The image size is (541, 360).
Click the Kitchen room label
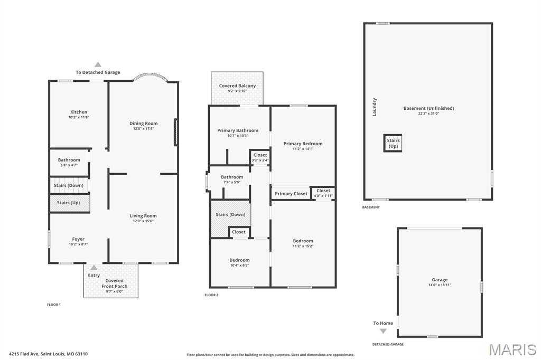point(79,112)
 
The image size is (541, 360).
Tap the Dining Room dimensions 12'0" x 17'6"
point(144,129)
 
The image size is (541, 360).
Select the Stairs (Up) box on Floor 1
point(70,203)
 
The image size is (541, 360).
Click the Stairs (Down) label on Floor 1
point(68,185)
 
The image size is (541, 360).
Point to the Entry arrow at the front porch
point(94,267)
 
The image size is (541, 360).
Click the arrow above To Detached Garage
point(98,64)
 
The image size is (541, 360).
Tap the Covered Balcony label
point(237,86)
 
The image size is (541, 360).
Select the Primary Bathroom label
point(238,130)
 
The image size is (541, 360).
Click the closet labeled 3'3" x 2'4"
point(260,157)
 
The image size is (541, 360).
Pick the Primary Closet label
point(291,194)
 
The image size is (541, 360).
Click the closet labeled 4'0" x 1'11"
point(323,193)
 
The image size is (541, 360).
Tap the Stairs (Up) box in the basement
point(393,143)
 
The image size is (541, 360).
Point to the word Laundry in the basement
point(375,107)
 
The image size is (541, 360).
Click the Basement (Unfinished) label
point(428,108)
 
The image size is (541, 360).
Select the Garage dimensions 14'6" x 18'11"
point(440,285)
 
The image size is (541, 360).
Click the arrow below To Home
point(383,331)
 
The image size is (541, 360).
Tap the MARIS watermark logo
point(512,349)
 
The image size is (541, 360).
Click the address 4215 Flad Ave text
point(24,354)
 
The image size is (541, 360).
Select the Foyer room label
point(78,239)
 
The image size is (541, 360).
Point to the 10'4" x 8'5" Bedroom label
point(239,262)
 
